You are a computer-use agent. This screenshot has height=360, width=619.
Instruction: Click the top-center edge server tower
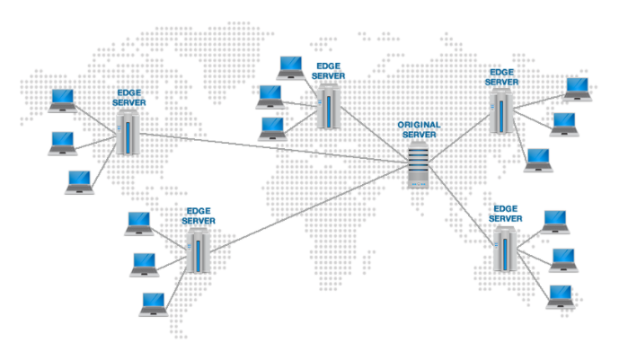326,110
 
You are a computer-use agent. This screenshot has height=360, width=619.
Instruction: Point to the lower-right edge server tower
504,249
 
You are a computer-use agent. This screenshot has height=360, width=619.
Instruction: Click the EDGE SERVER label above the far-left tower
128,98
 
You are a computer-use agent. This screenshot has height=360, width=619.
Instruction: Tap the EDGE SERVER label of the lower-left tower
199,215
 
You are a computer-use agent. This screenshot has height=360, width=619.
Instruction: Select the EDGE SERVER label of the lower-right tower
506,214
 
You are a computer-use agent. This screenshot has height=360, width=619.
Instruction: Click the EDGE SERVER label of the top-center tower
328,71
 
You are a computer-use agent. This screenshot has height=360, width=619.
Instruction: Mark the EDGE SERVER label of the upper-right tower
503,76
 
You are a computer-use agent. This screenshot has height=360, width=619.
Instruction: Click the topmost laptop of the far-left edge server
63,101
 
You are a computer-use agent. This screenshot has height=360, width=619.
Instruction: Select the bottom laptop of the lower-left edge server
152,303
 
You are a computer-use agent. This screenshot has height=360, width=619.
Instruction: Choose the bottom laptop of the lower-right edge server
561,296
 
